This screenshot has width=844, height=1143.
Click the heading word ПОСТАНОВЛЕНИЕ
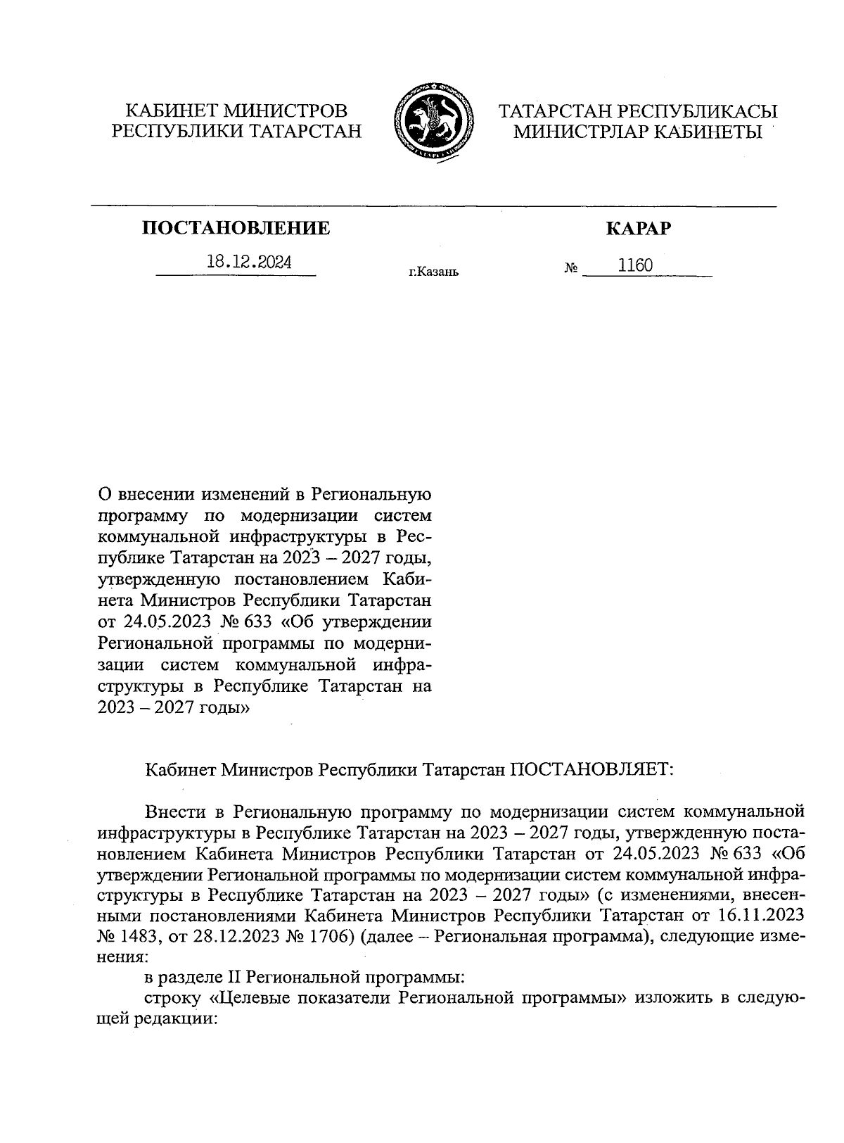pos(236,228)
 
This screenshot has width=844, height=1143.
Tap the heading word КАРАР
pos(638,228)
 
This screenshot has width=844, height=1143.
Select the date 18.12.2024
pos(250,263)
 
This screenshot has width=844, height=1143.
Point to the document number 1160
pos(635,265)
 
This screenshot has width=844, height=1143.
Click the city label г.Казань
pos(433,271)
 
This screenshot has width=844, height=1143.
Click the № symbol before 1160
pos(570,268)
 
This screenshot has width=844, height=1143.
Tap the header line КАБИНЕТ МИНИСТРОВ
pos(236,110)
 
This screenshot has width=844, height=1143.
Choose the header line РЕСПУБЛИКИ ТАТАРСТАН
pos(236,130)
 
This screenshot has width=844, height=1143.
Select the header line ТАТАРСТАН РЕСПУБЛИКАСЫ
pos(638,110)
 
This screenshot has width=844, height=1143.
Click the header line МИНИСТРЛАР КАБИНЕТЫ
pos(638,131)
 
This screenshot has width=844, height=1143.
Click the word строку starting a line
pos(173,998)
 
